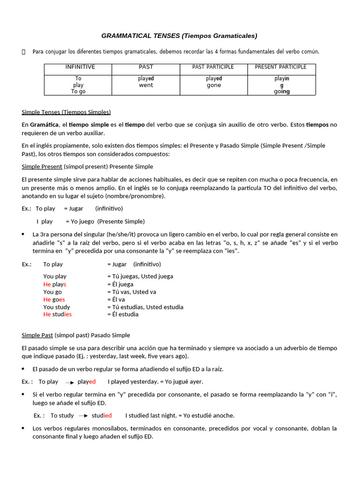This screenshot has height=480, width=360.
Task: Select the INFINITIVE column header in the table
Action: (80, 67)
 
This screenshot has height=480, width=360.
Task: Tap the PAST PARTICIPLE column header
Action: (213, 67)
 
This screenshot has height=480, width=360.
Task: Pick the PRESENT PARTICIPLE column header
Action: (281, 67)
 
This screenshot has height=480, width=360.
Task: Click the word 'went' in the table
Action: (146, 85)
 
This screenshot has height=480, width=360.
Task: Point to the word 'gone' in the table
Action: (214, 85)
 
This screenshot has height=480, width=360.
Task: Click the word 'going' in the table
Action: (282, 92)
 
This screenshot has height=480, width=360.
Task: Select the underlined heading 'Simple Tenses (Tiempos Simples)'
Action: (66, 112)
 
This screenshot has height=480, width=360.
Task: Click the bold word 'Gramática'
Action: (45, 125)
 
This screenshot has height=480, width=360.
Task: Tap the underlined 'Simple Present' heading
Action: (42, 166)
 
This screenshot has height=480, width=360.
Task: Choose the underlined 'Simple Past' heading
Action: (37, 335)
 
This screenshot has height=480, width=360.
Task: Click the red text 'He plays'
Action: (55, 285)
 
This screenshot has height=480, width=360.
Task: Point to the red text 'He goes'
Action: (54, 300)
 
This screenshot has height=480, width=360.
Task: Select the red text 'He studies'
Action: (57, 315)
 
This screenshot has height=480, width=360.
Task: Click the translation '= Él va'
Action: (116, 300)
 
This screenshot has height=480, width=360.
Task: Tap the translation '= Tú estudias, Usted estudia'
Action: (145, 307)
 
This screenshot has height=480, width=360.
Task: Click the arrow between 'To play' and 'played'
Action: (69, 382)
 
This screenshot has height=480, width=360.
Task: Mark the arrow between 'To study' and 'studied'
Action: (83, 416)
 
